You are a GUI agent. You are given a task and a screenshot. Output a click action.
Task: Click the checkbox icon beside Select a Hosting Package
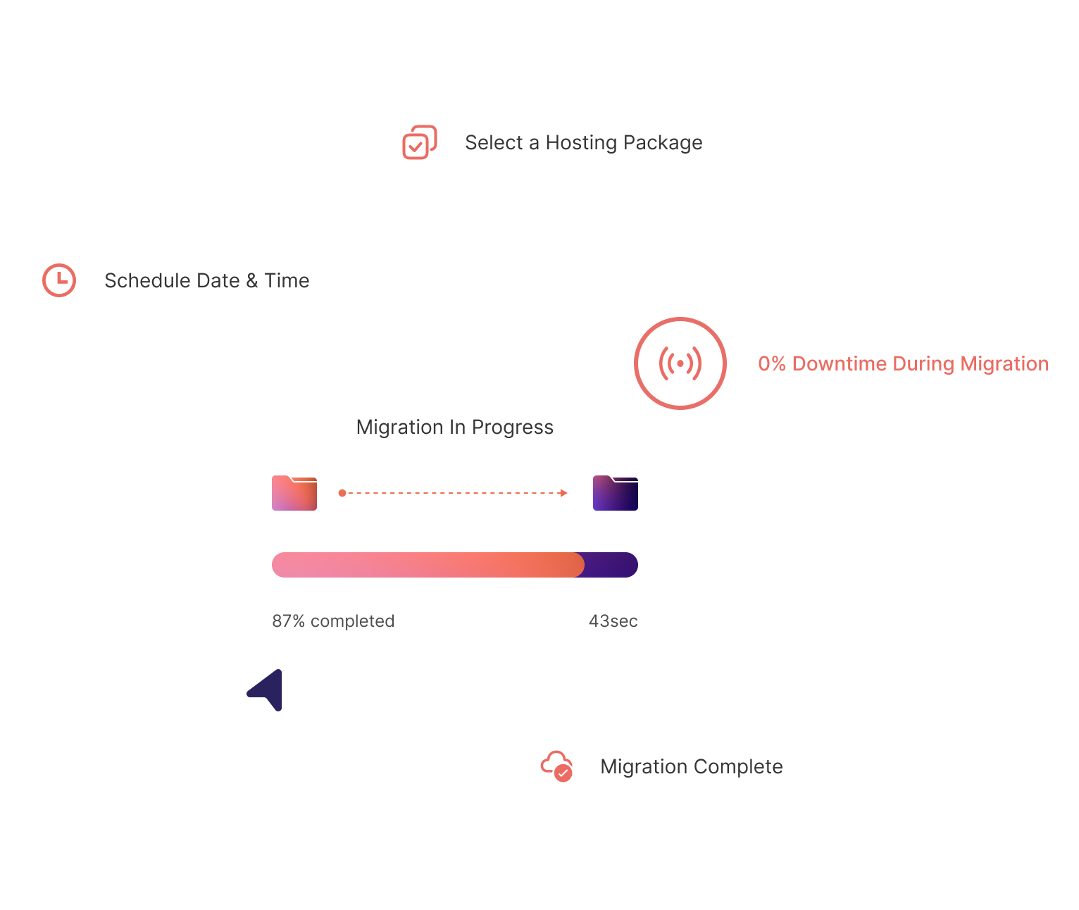(x=419, y=142)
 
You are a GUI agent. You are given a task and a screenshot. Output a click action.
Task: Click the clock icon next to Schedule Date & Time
(x=59, y=280)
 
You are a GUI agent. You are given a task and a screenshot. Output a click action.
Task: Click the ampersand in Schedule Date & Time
(x=252, y=281)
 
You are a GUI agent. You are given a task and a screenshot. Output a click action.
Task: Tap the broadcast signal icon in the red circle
(x=680, y=363)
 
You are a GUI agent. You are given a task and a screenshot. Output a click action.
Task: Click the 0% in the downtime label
(x=771, y=363)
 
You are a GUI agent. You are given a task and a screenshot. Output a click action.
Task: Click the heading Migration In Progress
(x=455, y=428)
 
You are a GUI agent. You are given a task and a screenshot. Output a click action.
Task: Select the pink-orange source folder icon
(x=294, y=493)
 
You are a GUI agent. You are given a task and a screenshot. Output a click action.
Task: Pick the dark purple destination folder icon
(x=616, y=493)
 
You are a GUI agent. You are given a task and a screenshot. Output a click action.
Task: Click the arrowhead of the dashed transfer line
(x=563, y=493)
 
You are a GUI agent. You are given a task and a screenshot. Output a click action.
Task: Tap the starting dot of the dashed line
(x=342, y=493)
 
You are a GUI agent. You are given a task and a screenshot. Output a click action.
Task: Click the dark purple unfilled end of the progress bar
(x=611, y=565)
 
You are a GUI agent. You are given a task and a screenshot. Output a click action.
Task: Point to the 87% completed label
(x=333, y=621)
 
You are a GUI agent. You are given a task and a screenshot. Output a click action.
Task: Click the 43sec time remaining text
(x=613, y=621)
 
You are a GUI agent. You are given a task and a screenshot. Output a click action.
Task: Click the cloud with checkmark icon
(x=556, y=766)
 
